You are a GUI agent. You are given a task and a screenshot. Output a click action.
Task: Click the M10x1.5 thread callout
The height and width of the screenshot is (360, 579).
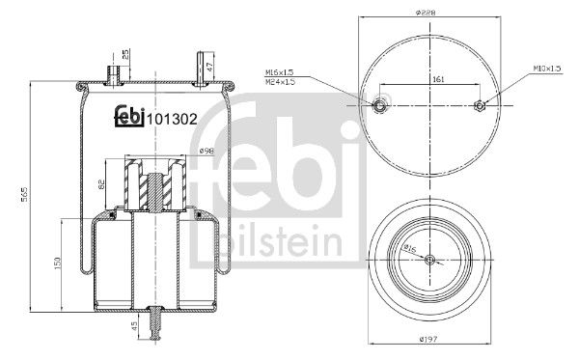coord(546,69)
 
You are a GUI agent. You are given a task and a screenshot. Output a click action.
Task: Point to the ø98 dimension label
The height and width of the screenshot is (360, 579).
coord(206,152)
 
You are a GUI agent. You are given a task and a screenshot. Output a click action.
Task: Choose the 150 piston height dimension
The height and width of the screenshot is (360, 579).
coord(58,263)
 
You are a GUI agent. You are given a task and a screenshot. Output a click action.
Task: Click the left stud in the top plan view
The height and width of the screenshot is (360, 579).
coord(379,106)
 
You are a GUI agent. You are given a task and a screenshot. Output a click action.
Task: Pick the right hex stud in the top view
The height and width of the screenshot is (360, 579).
coord(480,106)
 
